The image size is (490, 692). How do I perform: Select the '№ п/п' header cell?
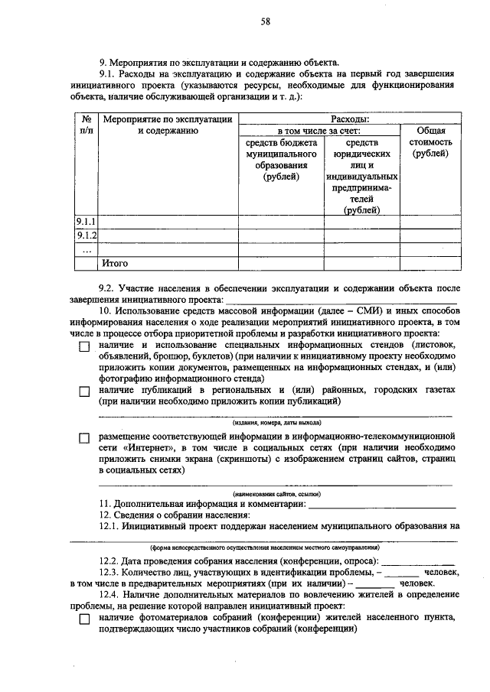(87, 125)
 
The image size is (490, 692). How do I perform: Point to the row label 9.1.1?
(87, 223)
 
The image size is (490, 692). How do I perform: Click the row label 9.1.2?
(87, 236)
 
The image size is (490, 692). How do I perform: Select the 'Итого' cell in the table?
(115, 263)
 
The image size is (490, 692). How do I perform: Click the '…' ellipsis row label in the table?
(87, 249)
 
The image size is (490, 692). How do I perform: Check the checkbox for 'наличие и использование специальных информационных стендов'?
(84, 346)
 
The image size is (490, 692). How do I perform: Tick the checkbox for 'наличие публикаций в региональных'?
(84, 391)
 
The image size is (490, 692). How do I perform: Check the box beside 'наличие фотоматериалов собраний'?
(84, 619)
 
